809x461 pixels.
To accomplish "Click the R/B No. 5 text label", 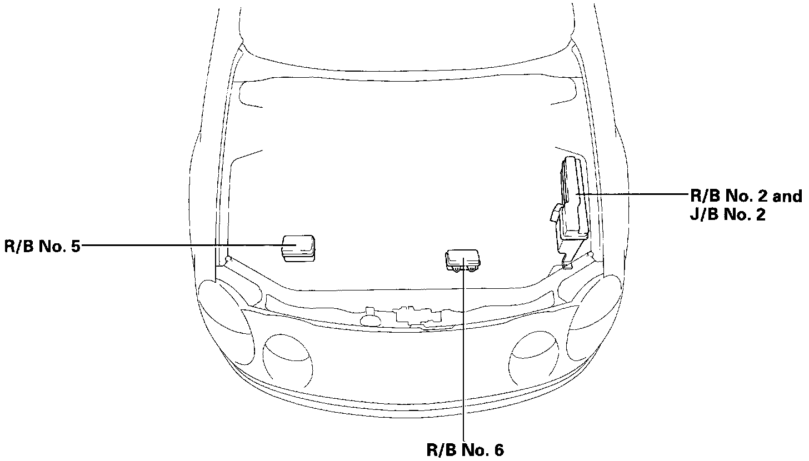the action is pos(42,246).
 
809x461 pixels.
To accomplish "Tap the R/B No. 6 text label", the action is pos(465,450).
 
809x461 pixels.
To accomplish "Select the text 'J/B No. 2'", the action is pos(728,215).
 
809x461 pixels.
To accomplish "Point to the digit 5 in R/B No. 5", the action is pos(76,247).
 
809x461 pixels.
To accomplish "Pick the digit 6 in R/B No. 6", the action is pos(499,450).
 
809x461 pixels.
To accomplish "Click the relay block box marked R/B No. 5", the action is pos(298,248).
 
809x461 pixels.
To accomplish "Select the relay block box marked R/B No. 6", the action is pos(463,260).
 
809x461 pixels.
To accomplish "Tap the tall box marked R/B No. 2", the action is pos(575,198).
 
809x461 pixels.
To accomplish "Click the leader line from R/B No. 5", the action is pos(188,245).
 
